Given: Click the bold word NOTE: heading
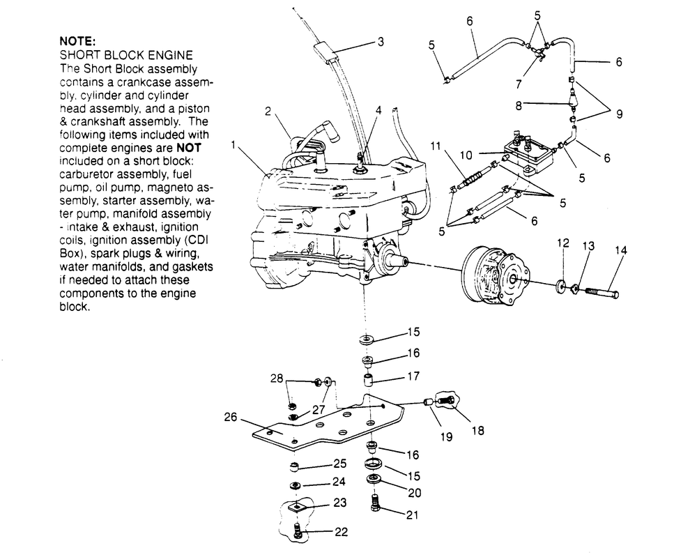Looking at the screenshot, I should tap(78, 41).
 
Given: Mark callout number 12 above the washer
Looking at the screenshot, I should tap(563, 243).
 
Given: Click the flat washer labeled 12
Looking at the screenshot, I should tap(560, 286).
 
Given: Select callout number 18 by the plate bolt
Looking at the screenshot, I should tap(477, 431).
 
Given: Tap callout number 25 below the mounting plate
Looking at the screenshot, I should tap(339, 464).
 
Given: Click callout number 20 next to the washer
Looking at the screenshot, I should tap(415, 492).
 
